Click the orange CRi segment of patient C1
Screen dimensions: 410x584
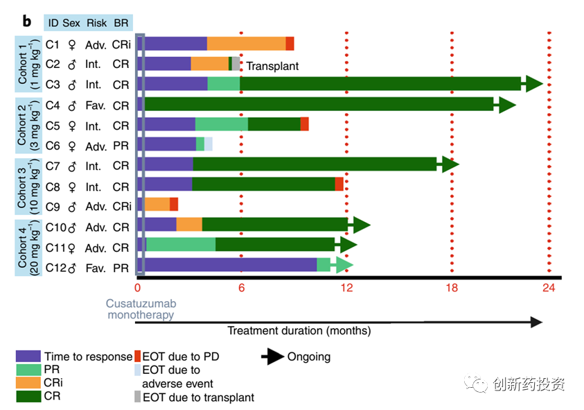click(246, 44)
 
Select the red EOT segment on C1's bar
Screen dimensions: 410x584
click(290, 44)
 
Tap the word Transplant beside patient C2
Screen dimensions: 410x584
click(273, 67)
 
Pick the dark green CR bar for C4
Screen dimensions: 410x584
click(319, 105)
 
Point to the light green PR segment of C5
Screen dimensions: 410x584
click(222, 125)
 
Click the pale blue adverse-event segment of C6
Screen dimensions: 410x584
click(209, 144)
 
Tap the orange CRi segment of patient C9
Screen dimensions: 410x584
click(158, 204)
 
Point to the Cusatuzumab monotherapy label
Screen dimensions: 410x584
click(140, 309)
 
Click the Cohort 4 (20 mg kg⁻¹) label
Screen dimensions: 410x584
click(28, 247)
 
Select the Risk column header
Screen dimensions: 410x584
click(96, 23)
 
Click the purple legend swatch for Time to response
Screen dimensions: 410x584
click(28, 357)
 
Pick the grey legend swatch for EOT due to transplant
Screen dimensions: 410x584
click(137, 398)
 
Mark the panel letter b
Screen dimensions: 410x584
click(26, 21)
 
